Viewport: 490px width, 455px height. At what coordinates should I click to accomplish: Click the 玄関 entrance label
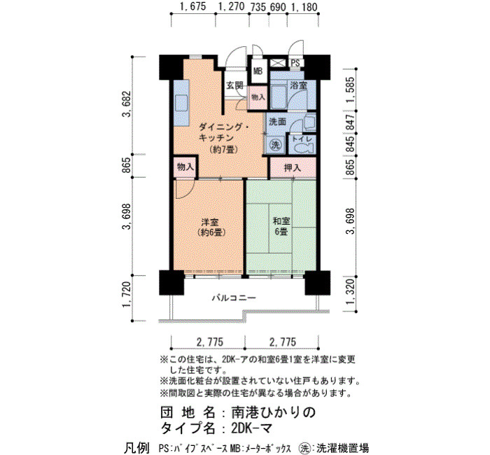coord(234,85)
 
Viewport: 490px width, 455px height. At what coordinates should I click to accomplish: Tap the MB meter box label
coord(258,71)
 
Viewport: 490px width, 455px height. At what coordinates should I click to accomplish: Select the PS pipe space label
coord(295,63)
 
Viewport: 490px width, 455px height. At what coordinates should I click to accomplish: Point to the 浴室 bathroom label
coord(298,85)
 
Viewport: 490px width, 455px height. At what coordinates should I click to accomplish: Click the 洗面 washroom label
coord(277,122)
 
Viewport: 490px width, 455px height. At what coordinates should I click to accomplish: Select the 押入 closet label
coord(292,168)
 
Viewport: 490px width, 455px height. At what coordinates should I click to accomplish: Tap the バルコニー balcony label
coord(234,297)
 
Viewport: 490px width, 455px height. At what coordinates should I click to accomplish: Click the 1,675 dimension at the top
coord(193,7)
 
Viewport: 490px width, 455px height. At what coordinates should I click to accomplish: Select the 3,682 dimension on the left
coord(127,104)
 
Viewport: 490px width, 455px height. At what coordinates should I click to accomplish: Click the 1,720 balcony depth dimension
coord(127,295)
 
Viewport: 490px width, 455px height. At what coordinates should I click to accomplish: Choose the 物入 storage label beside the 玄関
coord(258,97)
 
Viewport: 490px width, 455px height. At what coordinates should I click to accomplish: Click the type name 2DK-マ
coord(252,427)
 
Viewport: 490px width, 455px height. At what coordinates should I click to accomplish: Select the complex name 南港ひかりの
coord(274,412)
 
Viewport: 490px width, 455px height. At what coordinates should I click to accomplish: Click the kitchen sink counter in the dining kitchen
coord(181,103)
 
